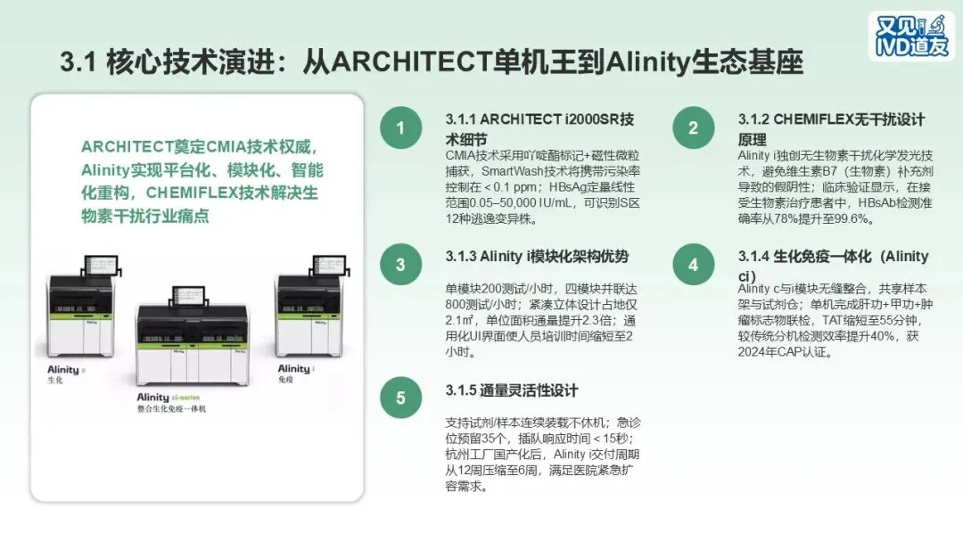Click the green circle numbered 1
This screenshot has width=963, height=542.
pyautogui.click(x=400, y=127)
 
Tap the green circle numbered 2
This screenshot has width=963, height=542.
pyautogui.click(x=694, y=127)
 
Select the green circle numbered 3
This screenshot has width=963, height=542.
pyautogui.click(x=400, y=264)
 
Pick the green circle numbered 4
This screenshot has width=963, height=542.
pyautogui.click(x=694, y=264)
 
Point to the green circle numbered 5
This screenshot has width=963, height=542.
pyautogui.click(x=400, y=397)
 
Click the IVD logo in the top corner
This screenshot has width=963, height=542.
pyautogui.click(x=911, y=37)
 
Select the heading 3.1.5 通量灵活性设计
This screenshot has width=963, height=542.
pyautogui.click(x=512, y=390)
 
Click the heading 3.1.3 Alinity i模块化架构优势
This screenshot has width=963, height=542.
pyautogui.click(x=537, y=257)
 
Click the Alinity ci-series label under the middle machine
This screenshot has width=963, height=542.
pyautogui.click(x=169, y=397)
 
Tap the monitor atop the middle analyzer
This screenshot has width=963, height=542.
pyautogui.click(x=188, y=296)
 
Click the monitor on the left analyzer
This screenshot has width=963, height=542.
pyautogui.click(x=101, y=266)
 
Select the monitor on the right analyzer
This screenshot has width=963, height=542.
pyautogui.click(x=331, y=265)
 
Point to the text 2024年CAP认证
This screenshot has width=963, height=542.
pyautogui.click(x=785, y=352)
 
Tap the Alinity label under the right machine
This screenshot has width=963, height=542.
pyautogui.click(x=296, y=368)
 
